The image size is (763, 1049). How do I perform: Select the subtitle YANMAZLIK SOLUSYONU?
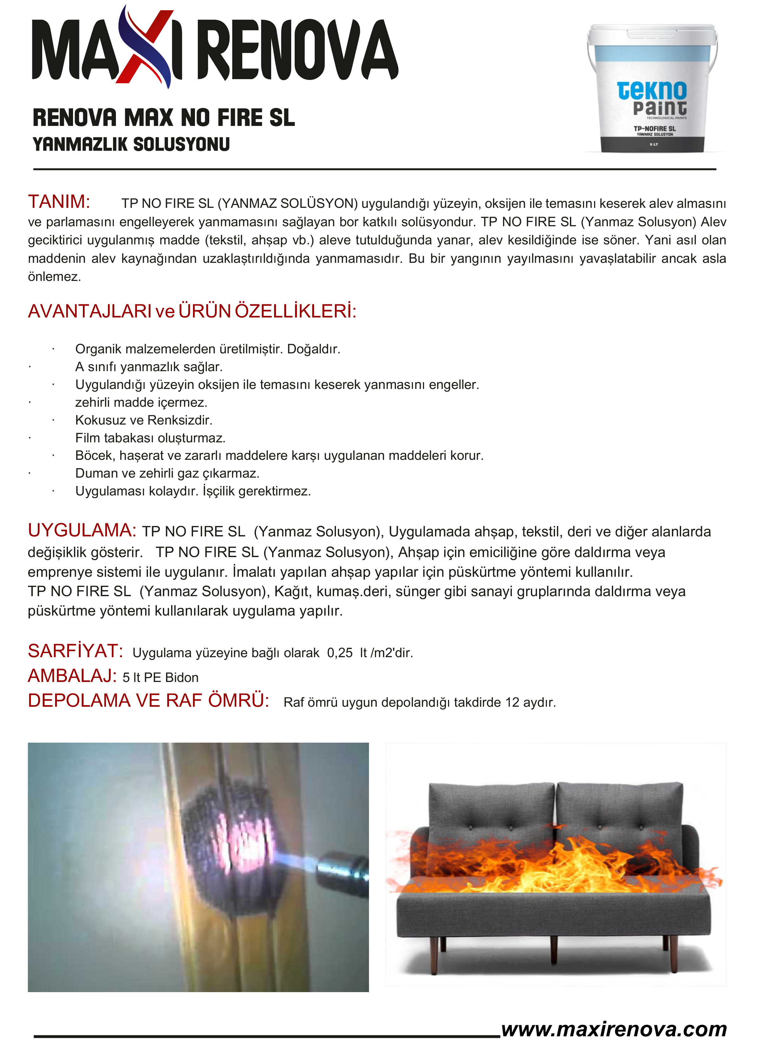pyautogui.click(x=131, y=144)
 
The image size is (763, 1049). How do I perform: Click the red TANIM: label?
pyautogui.click(x=59, y=202)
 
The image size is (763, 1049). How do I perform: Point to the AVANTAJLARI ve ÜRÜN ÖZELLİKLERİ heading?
pyautogui.click(x=192, y=311)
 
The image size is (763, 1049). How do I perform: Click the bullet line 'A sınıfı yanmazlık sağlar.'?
pyautogui.click(x=149, y=367)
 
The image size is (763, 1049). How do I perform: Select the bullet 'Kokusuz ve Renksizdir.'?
pyautogui.click(x=144, y=420)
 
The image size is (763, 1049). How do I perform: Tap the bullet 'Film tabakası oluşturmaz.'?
pyautogui.click(x=150, y=438)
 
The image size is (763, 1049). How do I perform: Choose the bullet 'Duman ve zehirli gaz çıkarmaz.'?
pyautogui.click(x=167, y=473)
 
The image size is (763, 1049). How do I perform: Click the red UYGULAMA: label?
pyautogui.click(x=82, y=530)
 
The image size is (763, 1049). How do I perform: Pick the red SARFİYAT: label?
pyautogui.click(x=75, y=651)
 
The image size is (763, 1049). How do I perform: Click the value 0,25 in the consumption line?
pyautogui.click(x=340, y=653)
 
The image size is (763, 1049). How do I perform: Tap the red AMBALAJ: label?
pyautogui.click(x=72, y=676)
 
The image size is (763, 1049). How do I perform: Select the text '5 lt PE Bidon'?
pyautogui.click(x=160, y=678)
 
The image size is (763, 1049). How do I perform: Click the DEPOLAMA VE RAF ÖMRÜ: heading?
pyautogui.click(x=148, y=701)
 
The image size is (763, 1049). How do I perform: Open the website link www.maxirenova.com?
pyautogui.click(x=614, y=1029)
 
